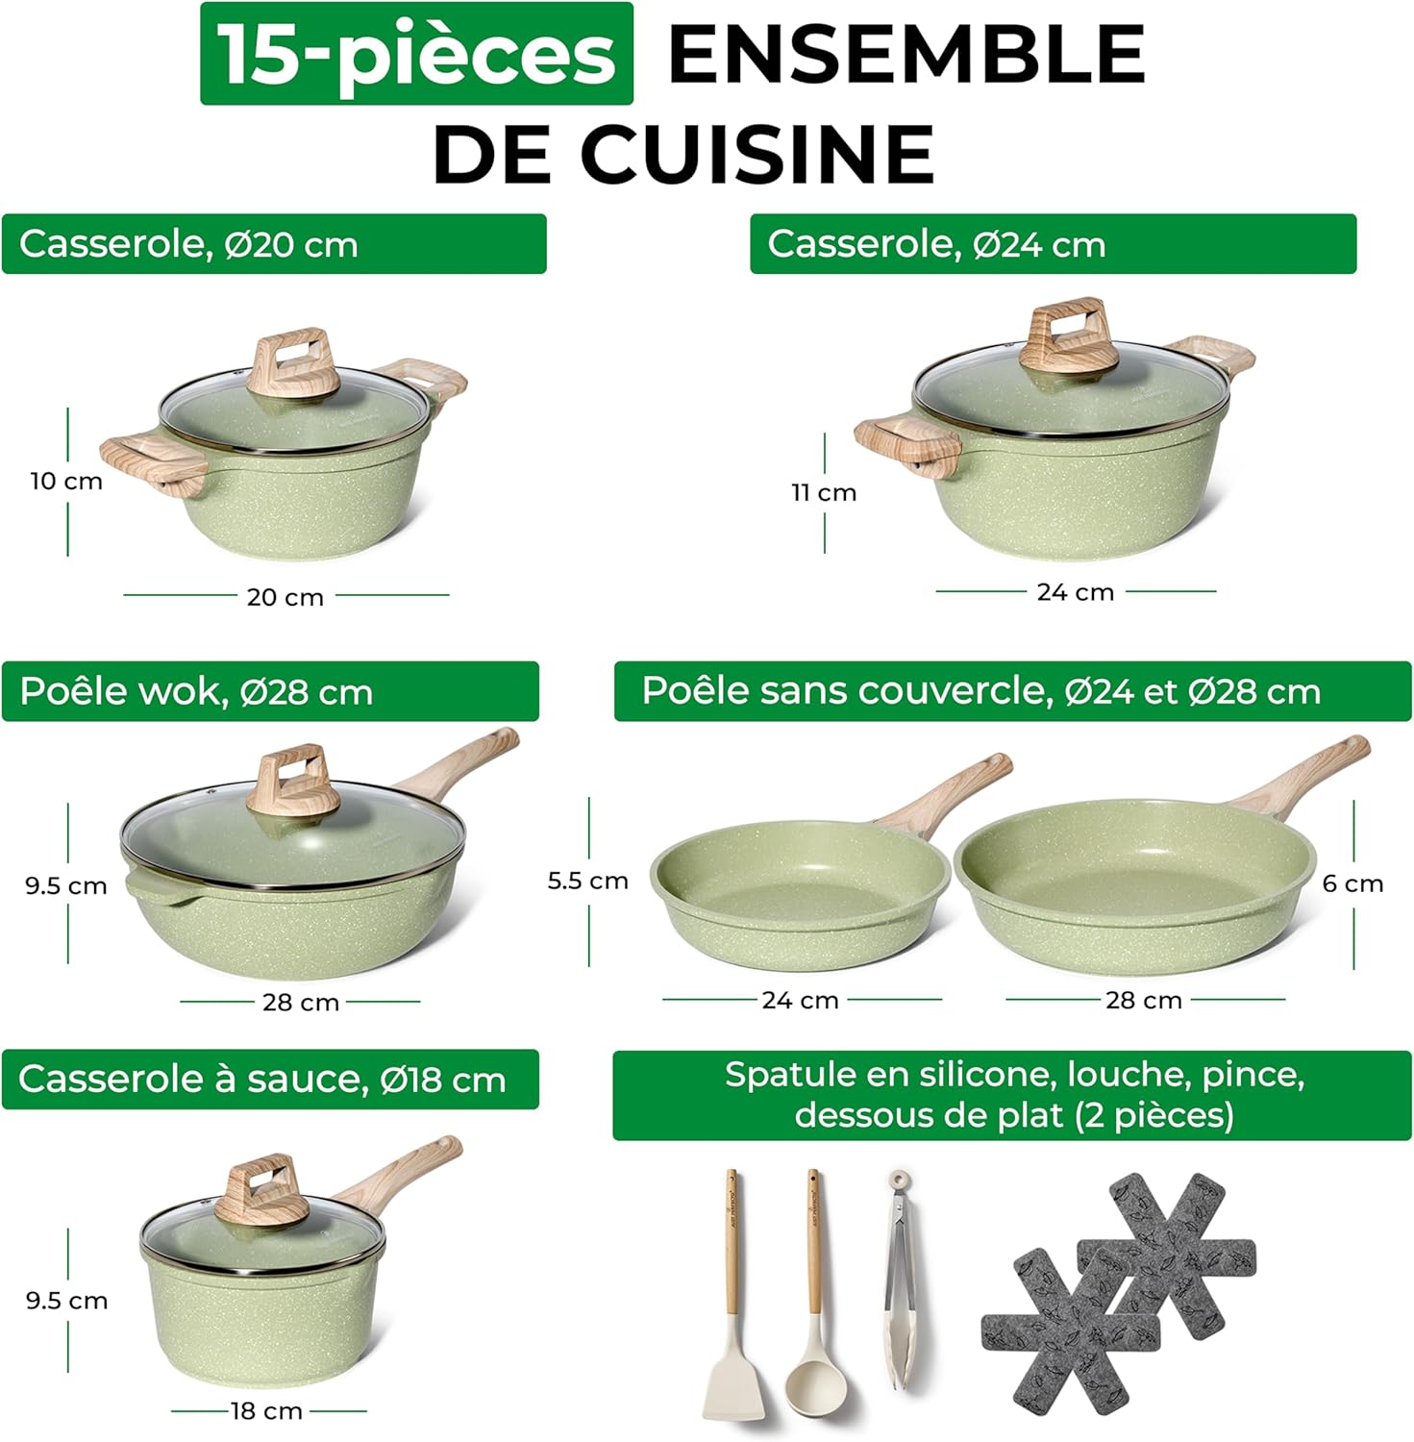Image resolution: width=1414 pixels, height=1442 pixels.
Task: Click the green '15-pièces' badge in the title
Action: click(x=416, y=54)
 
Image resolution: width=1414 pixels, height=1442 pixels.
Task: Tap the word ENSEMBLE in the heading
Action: click(x=905, y=54)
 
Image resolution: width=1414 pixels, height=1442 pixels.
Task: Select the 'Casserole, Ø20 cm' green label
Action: click(x=273, y=244)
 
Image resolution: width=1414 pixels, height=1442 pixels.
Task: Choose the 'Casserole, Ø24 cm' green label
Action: click(x=1052, y=244)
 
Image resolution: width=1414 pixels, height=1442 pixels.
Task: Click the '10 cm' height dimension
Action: click(x=66, y=481)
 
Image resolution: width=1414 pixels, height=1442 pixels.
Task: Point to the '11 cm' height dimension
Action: click(x=824, y=492)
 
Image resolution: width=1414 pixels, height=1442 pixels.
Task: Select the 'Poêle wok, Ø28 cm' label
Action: click(x=269, y=691)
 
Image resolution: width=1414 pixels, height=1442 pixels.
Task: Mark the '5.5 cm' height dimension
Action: click(x=587, y=881)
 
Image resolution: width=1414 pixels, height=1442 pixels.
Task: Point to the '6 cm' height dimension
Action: click(x=1352, y=883)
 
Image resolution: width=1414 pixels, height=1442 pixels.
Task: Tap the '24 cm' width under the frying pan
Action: click(x=800, y=1001)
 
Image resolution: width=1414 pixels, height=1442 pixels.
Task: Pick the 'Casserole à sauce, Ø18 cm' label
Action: click(x=269, y=1079)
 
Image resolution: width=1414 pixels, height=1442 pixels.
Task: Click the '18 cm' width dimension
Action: click(x=266, y=1411)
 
